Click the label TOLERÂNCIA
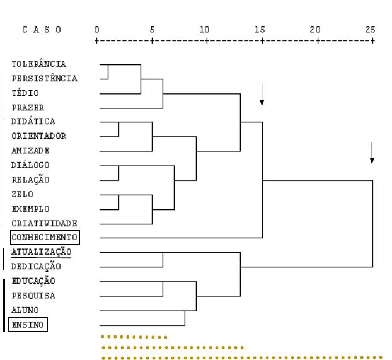pos(38,64)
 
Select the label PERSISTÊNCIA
pos(45,78)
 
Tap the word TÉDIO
pos(25,93)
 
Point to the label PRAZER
pos(28,108)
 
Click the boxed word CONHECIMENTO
pos(45,237)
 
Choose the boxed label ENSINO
pos(28,325)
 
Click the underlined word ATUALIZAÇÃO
pos(41,252)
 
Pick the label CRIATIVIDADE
pos(44,223)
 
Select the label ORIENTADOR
pos(38,136)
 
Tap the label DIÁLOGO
pos(30,165)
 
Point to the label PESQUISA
pos(33,296)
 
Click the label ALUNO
pos(25,310)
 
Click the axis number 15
pos(260,30)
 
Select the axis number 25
pos(370,30)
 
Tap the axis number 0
pos(97,30)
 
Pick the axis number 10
pos(204,30)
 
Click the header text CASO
pos(42,30)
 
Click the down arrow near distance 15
pos(262,95)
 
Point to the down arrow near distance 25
pos(372,153)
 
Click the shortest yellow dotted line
pos(134,337)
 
